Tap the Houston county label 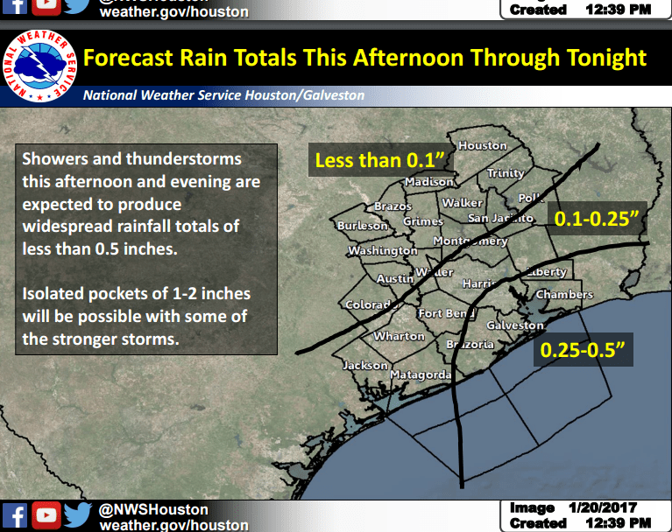[483, 146]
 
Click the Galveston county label [515, 325]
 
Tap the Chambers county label [564, 295]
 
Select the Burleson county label [362, 226]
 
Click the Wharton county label [399, 337]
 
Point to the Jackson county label [365, 365]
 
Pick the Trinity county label [506, 173]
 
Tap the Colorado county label [369, 304]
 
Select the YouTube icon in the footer [46, 516]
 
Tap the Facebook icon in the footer [16, 516]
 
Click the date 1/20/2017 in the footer [605, 508]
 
